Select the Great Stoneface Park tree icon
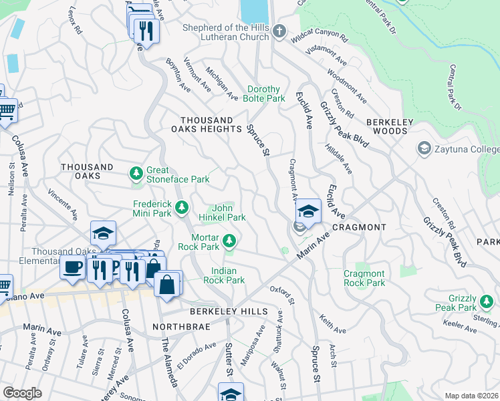pos(136,174)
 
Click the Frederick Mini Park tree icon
pos(181,209)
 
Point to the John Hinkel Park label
pos(222,213)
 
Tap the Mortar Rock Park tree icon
pos(229,239)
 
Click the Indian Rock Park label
pos(228,275)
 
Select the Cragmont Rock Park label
pos(364,278)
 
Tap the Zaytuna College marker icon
pos(423,148)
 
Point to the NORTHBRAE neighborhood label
pos(174,326)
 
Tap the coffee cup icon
pos(72,267)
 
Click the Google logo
pos(22,393)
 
